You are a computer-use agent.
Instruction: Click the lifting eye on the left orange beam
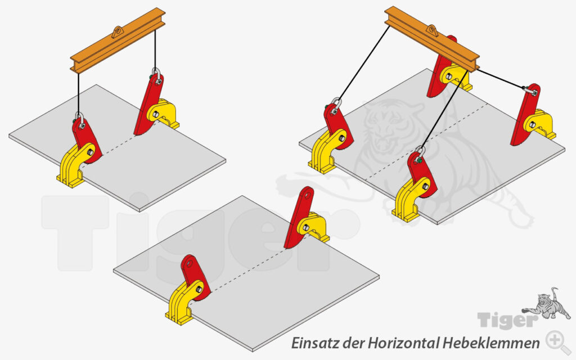coord(118,32)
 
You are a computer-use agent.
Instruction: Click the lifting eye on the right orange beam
coord(432,30)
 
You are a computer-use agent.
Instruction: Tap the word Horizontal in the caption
coord(403,343)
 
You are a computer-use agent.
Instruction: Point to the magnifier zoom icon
coord(557,341)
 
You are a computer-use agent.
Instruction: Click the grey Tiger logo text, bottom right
coord(508,320)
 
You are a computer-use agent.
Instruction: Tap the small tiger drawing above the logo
coord(547,303)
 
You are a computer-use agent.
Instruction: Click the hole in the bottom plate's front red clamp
coord(190,263)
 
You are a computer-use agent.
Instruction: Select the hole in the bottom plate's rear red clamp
coord(307,194)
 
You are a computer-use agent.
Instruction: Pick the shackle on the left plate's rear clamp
coord(157,76)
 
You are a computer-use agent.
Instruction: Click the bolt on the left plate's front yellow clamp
coord(89,151)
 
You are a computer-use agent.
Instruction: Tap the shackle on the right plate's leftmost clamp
coord(336,106)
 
